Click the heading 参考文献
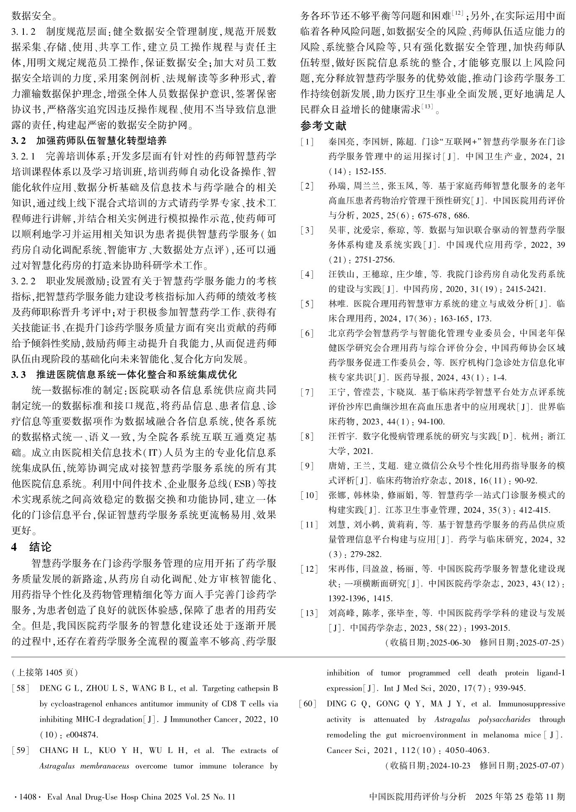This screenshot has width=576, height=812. (323, 126)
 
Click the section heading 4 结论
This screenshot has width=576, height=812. (32, 547)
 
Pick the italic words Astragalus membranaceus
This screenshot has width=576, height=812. (84, 766)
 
